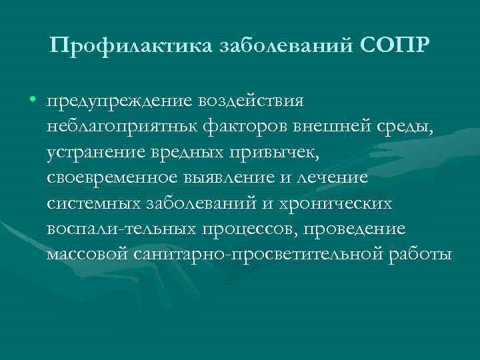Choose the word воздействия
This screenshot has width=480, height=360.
249,102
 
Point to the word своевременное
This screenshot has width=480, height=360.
111,179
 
